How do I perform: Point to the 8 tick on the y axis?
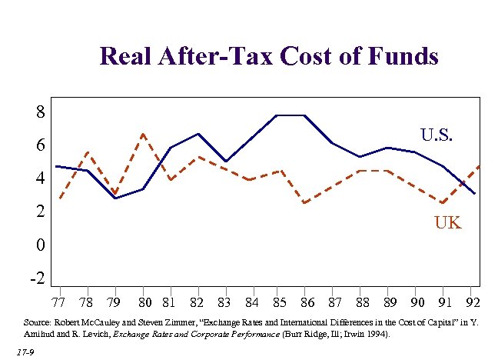tap(41, 112)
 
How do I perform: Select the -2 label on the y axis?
tap(37, 278)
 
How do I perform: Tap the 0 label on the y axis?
tap(41, 245)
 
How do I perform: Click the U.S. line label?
tap(437, 136)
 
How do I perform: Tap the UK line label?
tap(448, 223)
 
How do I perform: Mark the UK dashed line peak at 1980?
tap(143, 134)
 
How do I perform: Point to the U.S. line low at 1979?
tap(114, 198)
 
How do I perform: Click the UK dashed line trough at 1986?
tap(305, 203)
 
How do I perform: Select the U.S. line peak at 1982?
tap(198, 134)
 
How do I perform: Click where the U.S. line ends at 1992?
tap(475, 194)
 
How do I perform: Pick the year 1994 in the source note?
tap(374, 335)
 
